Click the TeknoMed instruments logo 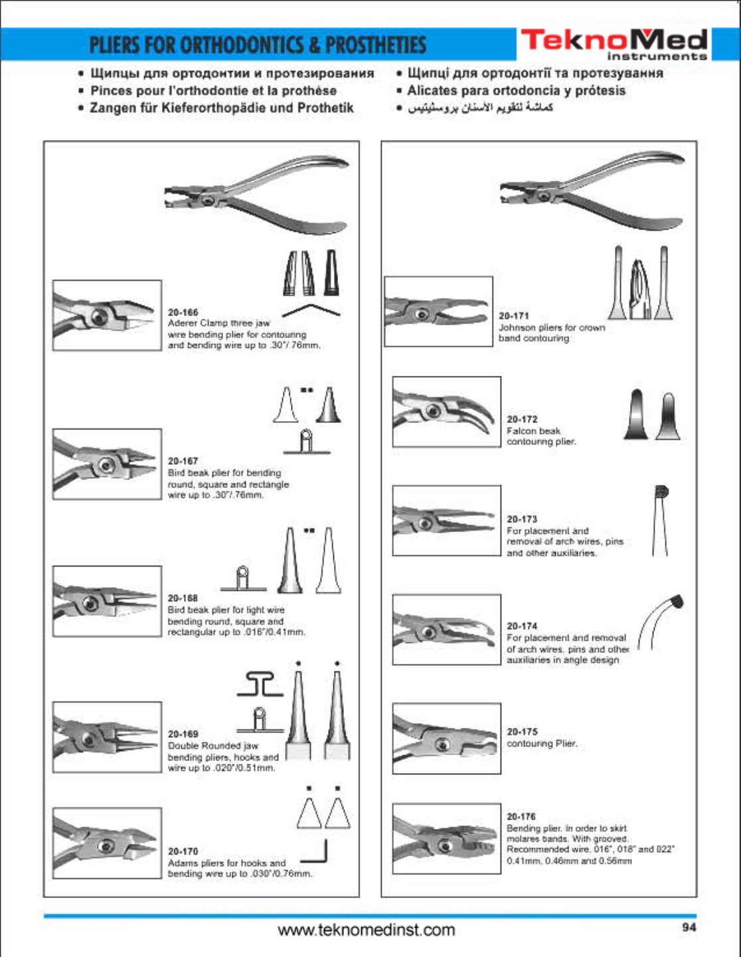click(614, 44)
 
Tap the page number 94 click(689, 927)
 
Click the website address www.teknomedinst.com click(367, 930)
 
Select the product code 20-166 click(183, 312)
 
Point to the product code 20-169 click(183, 734)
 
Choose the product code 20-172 click(522, 419)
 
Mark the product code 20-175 click(522, 731)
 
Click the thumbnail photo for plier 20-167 click(107, 464)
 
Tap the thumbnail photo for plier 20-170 click(107, 843)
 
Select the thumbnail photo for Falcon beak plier click(446, 412)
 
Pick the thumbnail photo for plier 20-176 click(446, 839)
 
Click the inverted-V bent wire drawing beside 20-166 click(311, 310)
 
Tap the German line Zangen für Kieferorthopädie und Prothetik click(222, 108)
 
